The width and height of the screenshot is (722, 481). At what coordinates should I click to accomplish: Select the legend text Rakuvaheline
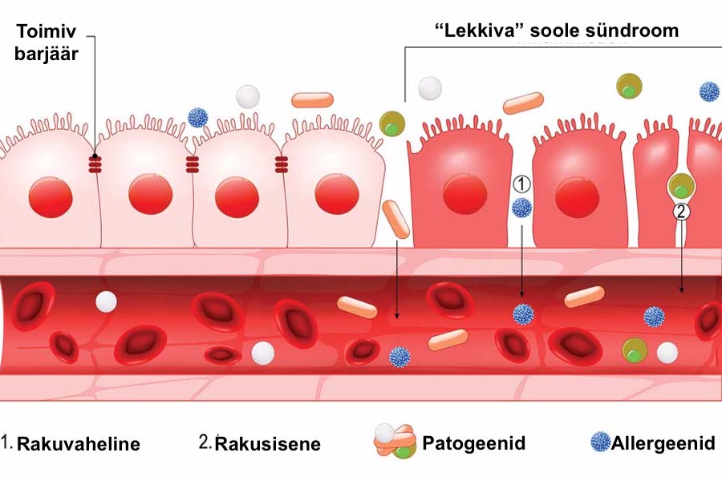click(x=79, y=443)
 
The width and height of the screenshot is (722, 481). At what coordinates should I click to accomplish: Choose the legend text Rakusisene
click(x=270, y=443)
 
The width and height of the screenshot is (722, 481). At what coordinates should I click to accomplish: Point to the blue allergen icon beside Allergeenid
click(x=599, y=442)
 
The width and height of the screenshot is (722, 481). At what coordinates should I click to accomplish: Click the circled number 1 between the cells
click(x=521, y=184)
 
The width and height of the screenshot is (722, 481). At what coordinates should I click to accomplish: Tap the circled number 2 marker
click(x=681, y=212)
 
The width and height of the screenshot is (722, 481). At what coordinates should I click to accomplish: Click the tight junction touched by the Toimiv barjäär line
click(x=95, y=164)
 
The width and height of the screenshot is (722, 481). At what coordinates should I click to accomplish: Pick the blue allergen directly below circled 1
click(x=521, y=208)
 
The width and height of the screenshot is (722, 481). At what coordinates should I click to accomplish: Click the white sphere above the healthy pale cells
click(x=248, y=96)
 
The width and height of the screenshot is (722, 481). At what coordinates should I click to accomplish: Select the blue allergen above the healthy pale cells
click(x=197, y=118)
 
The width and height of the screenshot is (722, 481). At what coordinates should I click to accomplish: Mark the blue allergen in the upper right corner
click(x=709, y=91)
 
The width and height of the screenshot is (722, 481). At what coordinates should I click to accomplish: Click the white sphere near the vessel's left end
click(x=106, y=301)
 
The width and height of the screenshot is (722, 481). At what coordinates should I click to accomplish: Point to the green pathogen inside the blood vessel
click(x=635, y=350)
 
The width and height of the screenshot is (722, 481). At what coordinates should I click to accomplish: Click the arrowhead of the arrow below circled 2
click(x=681, y=291)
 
